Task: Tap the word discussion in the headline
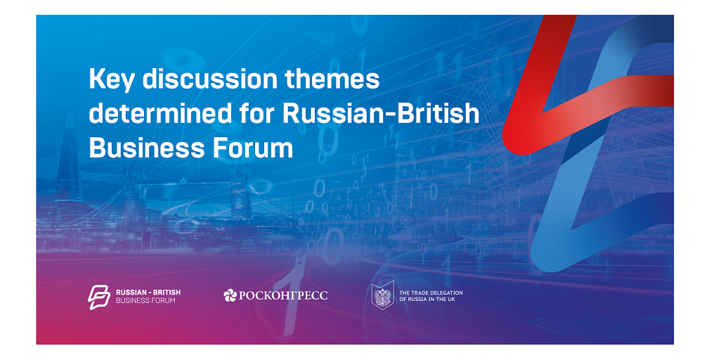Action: (x=210, y=79)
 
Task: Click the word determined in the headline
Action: (x=160, y=113)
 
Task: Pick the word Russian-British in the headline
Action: (x=381, y=113)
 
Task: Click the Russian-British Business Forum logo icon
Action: (x=99, y=297)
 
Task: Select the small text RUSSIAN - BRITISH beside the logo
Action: (x=148, y=292)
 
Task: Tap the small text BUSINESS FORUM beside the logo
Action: (x=145, y=301)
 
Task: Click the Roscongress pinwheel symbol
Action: (x=230, y=295)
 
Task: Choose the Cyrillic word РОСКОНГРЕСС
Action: (x=283, y=295)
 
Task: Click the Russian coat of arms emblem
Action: (x=383, y=295)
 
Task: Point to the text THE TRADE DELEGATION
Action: (x=431, y=292)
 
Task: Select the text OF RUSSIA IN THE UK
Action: (x=427, y=300)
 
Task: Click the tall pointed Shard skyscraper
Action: (x=68, y=160)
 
